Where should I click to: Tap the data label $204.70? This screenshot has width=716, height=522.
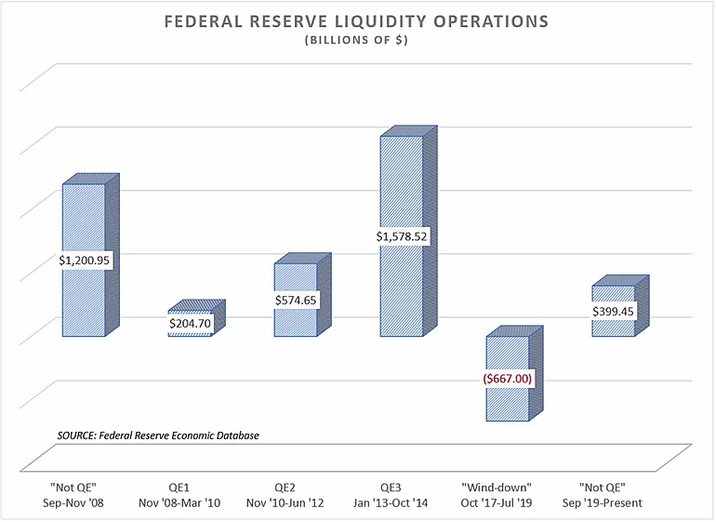[190, 323]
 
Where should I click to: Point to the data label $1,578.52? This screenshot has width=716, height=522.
[402, 236]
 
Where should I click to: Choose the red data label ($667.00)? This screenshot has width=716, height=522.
[508, 380]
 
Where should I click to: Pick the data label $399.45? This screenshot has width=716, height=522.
[614, 312]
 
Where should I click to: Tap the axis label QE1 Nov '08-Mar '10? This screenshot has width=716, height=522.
[190, 495]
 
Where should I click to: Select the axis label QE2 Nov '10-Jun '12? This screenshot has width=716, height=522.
[296, 495]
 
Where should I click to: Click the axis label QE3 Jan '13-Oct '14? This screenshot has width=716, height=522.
[402, 495]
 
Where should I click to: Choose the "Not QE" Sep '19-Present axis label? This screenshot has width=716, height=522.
[614, 495]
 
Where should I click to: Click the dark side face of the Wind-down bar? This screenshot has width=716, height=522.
[537, 372]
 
